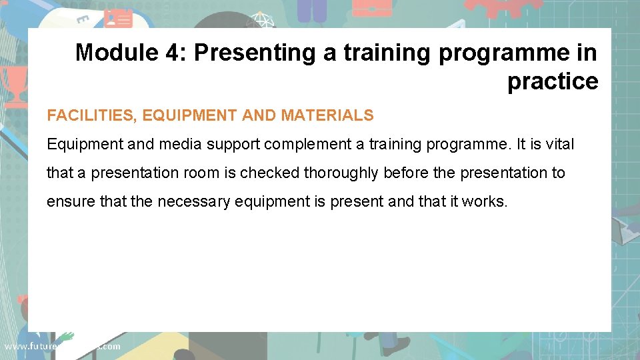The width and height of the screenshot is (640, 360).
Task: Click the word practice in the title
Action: (x=553, y=81)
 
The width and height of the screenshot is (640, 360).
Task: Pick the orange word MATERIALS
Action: (x=327, y=115)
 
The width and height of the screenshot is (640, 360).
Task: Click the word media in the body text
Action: (x=179, y=144)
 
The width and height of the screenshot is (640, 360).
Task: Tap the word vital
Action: (x=559, y=144)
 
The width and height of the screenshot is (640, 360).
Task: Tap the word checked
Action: (x=270, y=173)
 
